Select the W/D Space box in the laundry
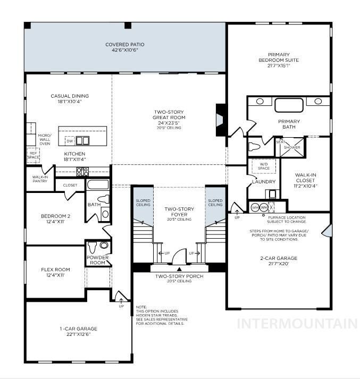pyautogui.click(x=263, y=166)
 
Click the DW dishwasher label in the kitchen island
pyautogui.click(x=70, y=141)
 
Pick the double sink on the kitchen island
pyautogui.click(x=82, y=141)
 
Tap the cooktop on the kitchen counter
pyautogui.click(x=82, y=171)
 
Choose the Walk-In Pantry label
pyautogui.click(x=40, y=179)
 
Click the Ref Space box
pyautogui.click(x=34, y=155)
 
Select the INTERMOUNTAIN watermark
pyautogui.click(x=297, y=323)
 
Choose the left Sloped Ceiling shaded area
pyautogui.click(x=143, y=207)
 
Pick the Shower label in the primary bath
pyautogui.click(x=291, y=147)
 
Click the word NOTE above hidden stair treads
pyautogui.click(x=141, y=307)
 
